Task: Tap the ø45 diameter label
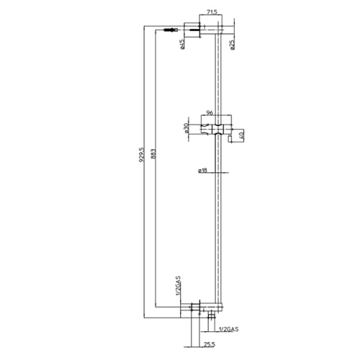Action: tap(183, 44)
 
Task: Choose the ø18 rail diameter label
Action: tap(203, 171)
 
